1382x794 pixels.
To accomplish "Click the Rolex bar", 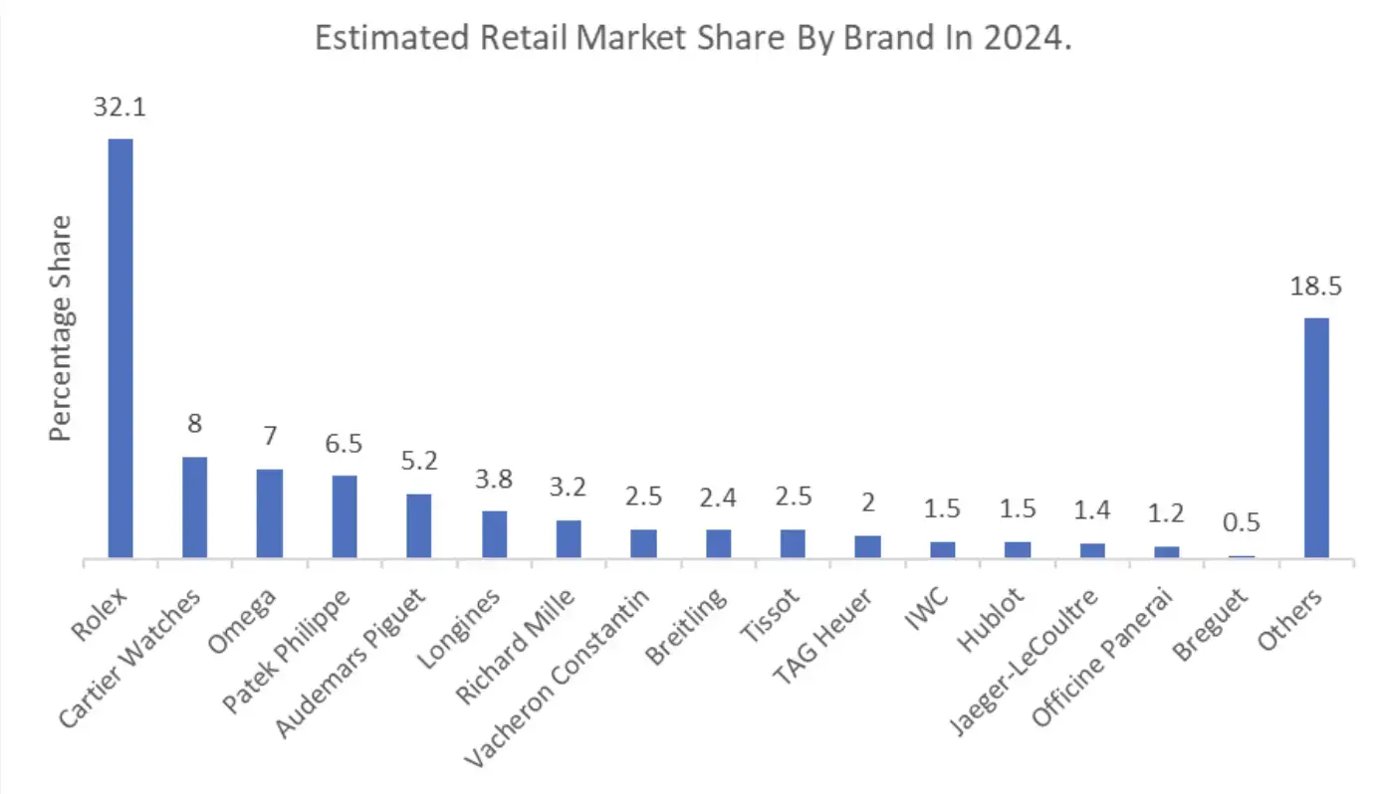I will [x=120, y=348].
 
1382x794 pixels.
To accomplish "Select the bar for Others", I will [x=1316, y=438].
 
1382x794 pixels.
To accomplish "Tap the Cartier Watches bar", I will [x=195, y=507].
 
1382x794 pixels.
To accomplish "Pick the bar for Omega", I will [x=270, y=513].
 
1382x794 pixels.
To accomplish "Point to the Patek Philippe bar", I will [x=345, y=516].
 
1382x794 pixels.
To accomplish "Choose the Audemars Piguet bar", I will [x=419, y=525].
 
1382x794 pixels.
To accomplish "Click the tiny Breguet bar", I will [x=1242, y=556].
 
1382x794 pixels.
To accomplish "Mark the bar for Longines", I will [x=495, y=534].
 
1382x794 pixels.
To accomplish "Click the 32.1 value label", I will [x=120, y=107].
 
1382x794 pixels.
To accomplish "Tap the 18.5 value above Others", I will [x=1316, y=287].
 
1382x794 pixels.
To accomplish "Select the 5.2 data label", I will [x=419, y=461].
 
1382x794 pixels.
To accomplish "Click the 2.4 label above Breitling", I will [x=719, y=496].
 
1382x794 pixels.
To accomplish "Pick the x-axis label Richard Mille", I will [x=517, y=647].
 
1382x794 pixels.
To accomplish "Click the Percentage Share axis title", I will [x=62, y=328].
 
